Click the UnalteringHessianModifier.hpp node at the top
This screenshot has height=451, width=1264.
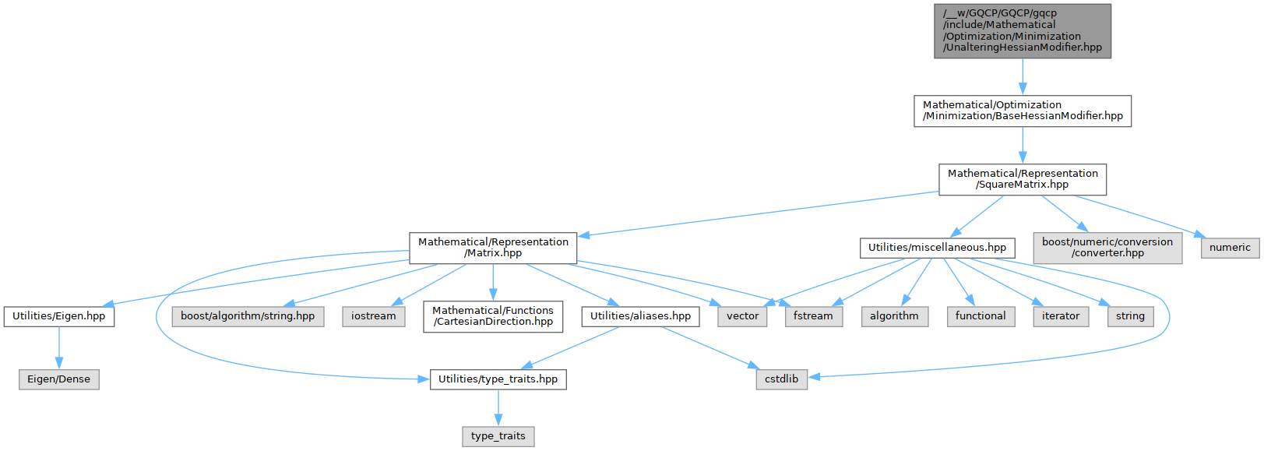[x=1022, y=30]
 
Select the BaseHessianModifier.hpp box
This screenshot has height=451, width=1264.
[x=1022, y=111]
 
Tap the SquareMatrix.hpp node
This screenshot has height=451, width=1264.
[x=1022, y=179]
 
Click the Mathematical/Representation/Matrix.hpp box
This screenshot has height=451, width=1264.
[x=493, y=248]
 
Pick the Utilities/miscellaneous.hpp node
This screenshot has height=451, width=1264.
[x=937, y=248]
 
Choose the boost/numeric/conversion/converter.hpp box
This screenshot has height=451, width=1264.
[x=1107, y=248]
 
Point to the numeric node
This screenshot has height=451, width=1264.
[x=1230, y=248]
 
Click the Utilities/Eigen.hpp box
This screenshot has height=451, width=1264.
[x=59, y=316]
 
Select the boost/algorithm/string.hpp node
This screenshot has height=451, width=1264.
[x=248, y=316]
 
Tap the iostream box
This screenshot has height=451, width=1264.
[x=373, y=316]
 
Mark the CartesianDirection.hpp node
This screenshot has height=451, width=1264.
[x=493, y=316]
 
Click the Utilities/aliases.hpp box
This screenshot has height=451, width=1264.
[x=640, y=316]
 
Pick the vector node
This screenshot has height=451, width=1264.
[x=742, y=316]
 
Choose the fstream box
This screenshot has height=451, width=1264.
[x=813, y=316]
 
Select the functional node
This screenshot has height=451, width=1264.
[x=981, y=316]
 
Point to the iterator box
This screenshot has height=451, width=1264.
[x=1061, y=316]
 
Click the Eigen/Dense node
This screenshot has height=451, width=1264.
[x=59, y=379]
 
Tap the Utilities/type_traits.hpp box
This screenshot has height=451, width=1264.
[x=498, y=379]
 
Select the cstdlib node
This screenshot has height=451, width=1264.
[x=781, y=379]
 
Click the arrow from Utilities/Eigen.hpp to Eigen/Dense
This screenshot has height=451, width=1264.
[x=59, y=347]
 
